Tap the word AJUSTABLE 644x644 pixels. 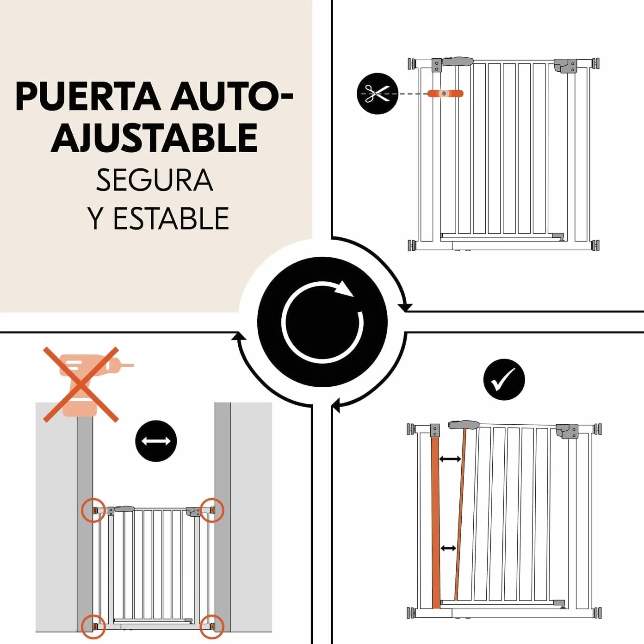click(x=155, y=138)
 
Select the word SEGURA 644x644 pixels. click(x=155, y=180)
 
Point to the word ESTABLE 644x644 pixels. click(x=172, y=218)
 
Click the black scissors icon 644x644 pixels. click(x=378, y=93)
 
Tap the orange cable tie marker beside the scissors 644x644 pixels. click(x=446, y=93)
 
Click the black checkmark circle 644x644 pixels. click(x=504, y=379)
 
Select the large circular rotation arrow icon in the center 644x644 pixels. click(x=322, y=322)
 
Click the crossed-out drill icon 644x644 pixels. click(x=81, y=384)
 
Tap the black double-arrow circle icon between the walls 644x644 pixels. click(x=156, y=441)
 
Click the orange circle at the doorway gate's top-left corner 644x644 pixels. click(x=93, y=510)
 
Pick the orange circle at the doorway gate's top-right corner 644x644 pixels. click(x=212, y=510)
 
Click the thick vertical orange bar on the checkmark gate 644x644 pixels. click(x=436, y=522)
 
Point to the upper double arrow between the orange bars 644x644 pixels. click(x=450, y=459)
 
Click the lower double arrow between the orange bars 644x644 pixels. click(x=448, y=548)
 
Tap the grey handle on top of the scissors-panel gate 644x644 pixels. click(x=458, y=61)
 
